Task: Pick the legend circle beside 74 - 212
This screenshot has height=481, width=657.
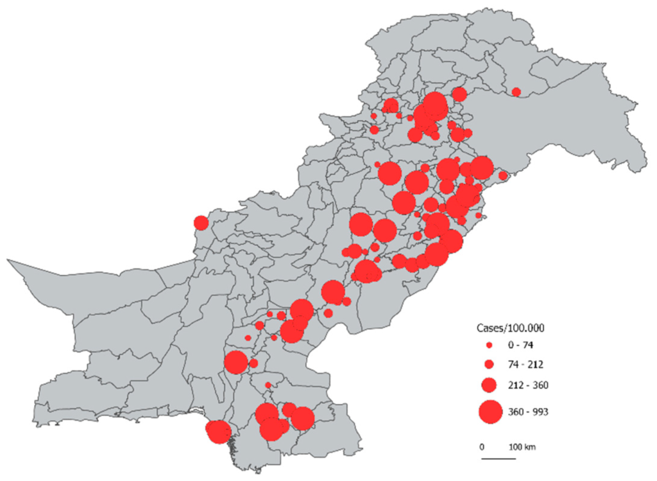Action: click(x=489, y=364)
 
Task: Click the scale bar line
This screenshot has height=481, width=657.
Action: click(x=499, y=459)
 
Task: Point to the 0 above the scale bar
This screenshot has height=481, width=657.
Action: click(x=482, y=447)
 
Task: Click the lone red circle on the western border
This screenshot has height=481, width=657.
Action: click(x=201, y=223)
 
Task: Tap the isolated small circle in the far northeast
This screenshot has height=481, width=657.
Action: click(x=516, y=92)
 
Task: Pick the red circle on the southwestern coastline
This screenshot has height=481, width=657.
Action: click(x=218, y=432)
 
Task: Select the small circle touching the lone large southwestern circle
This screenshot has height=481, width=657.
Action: click(x=253, y=363)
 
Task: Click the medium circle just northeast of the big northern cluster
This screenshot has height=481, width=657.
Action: click(x=459, y=94)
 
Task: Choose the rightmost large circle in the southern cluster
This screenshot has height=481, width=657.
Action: click(x=302, y=419)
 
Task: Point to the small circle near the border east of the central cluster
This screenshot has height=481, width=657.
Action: click(x=503, y=175)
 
